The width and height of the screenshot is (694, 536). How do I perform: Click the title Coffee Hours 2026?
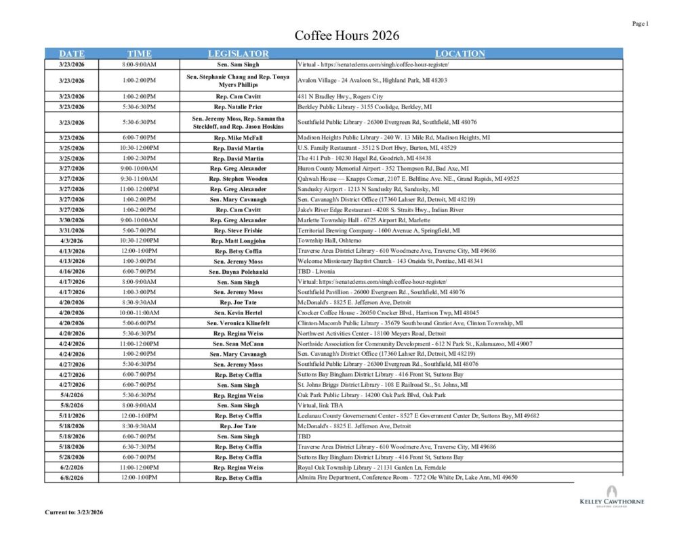coord(346,36)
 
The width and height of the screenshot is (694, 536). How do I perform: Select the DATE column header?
coord(72,54)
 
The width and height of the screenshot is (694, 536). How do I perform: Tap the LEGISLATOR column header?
coord(238,54)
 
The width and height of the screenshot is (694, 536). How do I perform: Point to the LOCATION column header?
coord(460,54)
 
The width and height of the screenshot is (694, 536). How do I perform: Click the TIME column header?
coord(139,54)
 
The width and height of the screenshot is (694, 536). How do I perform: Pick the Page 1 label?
coord(640,24)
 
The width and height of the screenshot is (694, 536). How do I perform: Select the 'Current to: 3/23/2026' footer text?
coord(74,512)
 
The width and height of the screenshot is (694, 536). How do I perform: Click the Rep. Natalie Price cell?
coord(238,107)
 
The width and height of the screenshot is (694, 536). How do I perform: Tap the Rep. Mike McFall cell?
coord(238,138)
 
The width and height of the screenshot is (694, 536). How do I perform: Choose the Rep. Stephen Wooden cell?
coord(238,179)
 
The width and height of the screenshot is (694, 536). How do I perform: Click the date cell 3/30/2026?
coord(72,220)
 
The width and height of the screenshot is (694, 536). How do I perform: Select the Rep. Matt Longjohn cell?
coord(238,241)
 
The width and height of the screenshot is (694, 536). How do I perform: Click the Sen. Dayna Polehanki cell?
coord(238,271)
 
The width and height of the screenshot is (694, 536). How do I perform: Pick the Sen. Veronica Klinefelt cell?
coord(238,323)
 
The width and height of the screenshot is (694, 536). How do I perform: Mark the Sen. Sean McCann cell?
coord(238,344)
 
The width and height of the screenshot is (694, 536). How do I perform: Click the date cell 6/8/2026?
coord(72,478)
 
